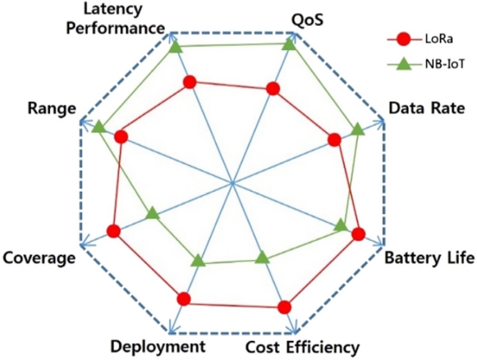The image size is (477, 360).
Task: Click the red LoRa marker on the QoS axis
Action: coord(273,89)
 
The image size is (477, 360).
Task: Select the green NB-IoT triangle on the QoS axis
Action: coord(288,46)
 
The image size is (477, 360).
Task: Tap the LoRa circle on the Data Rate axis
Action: coord(335,140)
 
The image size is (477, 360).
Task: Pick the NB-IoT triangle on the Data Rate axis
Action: coord(357,129)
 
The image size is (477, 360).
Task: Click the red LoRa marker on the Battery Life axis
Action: coord(358,234)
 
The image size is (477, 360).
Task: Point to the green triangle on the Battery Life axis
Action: coord(341,225)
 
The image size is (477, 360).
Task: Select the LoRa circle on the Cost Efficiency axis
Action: coord(285,307)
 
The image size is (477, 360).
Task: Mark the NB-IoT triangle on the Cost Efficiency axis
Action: coord(262,257)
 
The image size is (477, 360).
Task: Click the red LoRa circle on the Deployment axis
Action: coord(184,299)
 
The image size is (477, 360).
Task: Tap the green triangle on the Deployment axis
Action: coord(198,261)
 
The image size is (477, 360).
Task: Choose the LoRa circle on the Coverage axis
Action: coord(114,231)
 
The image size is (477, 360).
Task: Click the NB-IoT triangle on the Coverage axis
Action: coord(153,214)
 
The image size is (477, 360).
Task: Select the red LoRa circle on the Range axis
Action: coord(121,137)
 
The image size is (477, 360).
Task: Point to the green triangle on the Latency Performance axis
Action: coord(175,47)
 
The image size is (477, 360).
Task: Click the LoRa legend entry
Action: coord(420,40)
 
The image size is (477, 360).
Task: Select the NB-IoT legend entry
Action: coord(426,64)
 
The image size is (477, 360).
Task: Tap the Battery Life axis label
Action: coord(430,258)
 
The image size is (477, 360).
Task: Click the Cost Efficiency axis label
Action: coord(303,348)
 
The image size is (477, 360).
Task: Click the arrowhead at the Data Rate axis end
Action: coord(380,122)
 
